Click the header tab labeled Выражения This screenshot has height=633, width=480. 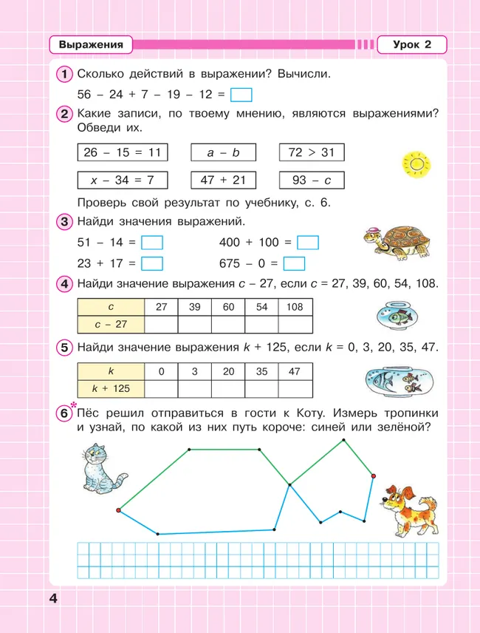[x=91, y=45]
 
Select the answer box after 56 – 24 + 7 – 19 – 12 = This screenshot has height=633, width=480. [x=241, y=95]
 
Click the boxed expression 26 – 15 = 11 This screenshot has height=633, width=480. [x=123, y=152]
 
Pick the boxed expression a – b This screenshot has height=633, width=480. [x=223, y=152]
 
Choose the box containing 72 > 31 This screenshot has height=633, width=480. [x=312, y=152]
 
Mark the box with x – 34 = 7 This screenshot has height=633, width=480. [x=123, y=180]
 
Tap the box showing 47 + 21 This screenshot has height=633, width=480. [x=223, y=180]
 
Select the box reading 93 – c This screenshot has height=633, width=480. [x=312, y=180]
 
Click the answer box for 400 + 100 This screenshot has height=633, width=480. [x=307, y=243]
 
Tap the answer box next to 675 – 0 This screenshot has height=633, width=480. [x=294, y=263]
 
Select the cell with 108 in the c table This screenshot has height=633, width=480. [x=295, y=306]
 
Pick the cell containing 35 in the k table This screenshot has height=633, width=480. [x=261, y=371]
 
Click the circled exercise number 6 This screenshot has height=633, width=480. [x=64, y=416]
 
